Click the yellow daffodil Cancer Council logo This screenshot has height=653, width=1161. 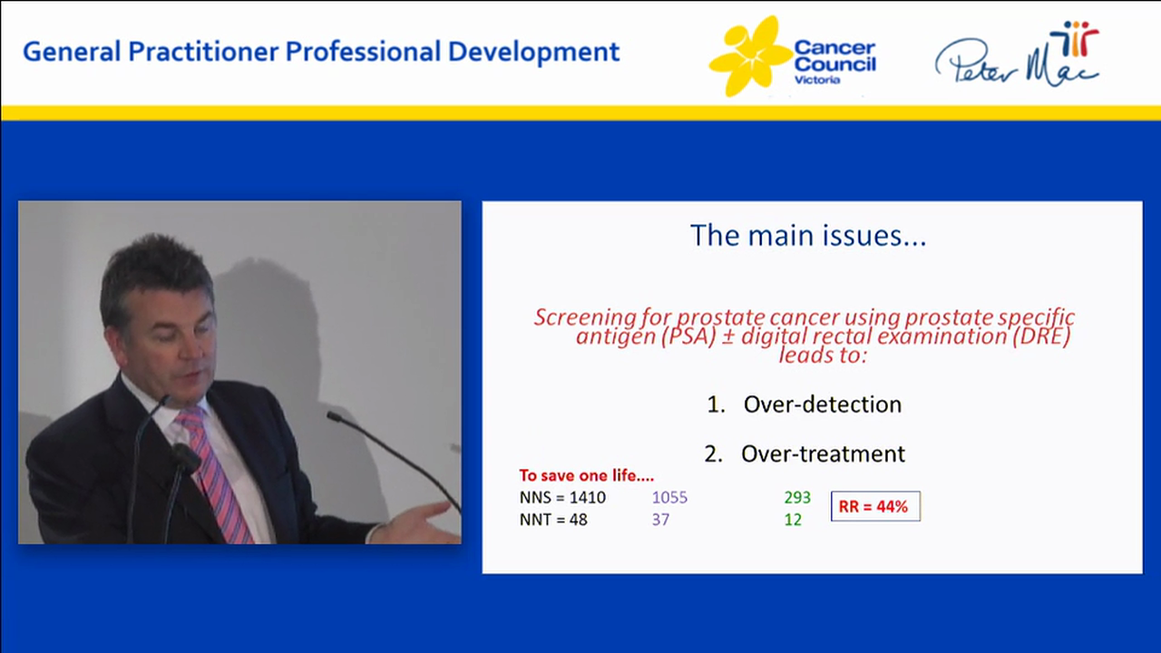749,56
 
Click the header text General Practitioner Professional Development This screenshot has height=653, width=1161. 321,52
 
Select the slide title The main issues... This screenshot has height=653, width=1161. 807,236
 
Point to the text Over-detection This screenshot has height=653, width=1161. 822,404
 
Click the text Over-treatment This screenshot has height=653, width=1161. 822,453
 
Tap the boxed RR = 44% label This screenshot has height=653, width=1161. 874,507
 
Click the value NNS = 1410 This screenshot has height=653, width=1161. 562,498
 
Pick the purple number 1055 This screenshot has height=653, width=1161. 669,498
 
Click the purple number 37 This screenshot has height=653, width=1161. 660,521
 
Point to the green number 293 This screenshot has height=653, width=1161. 796,498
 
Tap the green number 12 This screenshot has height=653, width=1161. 793,521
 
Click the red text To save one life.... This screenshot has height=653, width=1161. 586,475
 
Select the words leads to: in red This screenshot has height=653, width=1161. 822,356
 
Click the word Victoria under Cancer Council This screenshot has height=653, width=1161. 817,80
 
